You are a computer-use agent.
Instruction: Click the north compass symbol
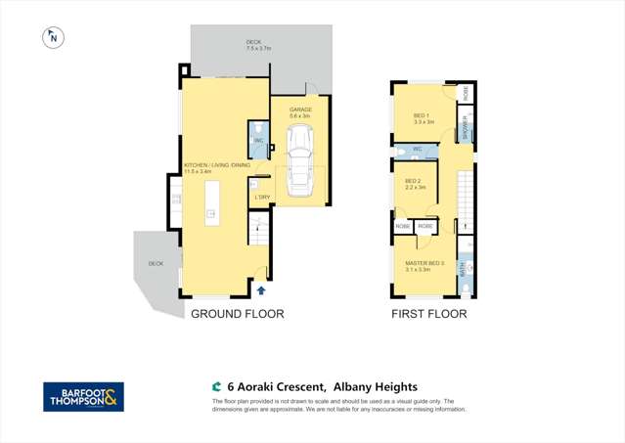53,38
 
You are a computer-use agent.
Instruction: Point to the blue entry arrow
261,289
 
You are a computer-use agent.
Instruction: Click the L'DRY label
262,198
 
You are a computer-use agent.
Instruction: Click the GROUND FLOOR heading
237,314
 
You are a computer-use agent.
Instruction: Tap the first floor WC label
417,149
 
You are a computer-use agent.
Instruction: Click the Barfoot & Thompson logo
83,396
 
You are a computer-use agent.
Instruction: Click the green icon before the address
216,387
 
